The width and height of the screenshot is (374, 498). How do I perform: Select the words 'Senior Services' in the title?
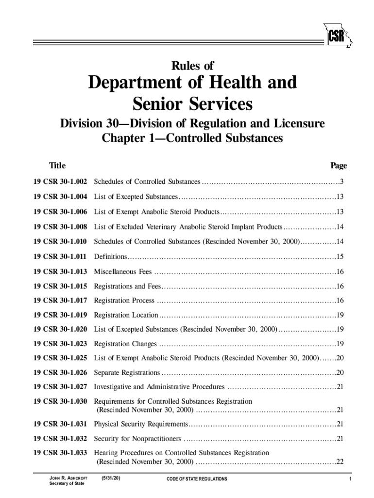(x=192, y=104)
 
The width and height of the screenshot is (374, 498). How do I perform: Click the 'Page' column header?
(x=339, y=166)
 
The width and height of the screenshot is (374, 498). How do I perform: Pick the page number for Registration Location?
(x=340, y=315)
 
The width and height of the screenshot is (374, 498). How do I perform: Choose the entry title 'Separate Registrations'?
(x=127, y=373)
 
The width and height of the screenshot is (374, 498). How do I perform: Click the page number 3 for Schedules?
(x=342, y=182)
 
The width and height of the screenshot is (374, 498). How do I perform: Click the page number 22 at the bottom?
(x=340, y=462)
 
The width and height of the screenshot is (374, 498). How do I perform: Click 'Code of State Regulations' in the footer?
(x=197, y=479)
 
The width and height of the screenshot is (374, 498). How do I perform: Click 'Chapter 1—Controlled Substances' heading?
(x=192, y=138)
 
